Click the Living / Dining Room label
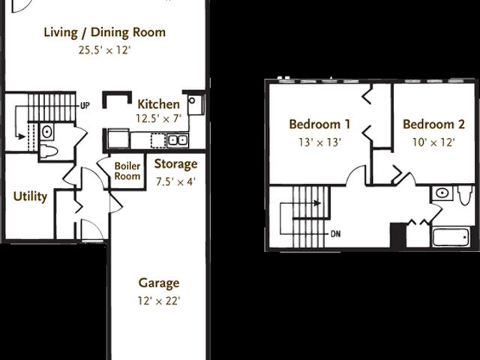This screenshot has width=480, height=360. point(104,32)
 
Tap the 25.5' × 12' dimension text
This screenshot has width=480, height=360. point(104,51)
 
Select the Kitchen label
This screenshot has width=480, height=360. point(157,104)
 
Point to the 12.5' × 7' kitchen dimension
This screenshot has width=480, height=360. point(157,118)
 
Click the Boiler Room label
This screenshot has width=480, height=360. point(127,171)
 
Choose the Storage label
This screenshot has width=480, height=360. point(175,164)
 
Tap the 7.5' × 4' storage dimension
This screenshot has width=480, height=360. point(175,181)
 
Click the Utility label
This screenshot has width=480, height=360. point(30,196)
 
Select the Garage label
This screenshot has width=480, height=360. point(158,283)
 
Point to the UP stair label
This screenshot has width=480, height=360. point(85,106)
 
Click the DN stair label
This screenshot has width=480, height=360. point(335,232)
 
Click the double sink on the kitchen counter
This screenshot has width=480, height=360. point(177,139)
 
